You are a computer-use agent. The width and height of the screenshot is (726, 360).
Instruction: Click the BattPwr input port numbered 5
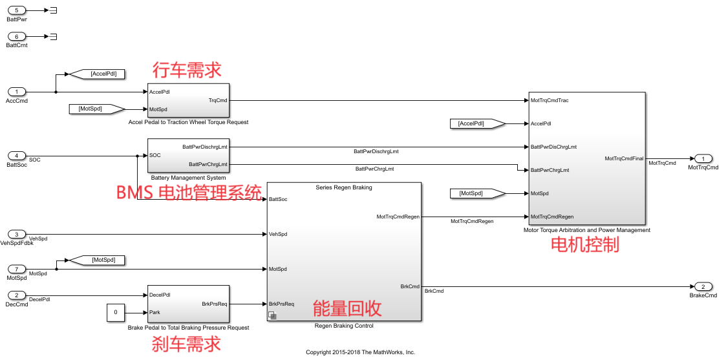17,11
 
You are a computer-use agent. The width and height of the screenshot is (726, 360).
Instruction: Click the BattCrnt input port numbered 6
17,36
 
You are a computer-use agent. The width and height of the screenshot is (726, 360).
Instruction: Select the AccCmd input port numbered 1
17,92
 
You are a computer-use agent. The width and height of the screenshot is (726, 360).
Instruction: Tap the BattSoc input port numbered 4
17,156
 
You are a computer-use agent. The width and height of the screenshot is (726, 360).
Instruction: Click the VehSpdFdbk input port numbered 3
17,234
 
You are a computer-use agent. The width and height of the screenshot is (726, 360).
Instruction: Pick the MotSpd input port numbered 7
17,269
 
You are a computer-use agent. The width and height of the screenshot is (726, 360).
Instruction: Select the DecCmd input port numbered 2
17,295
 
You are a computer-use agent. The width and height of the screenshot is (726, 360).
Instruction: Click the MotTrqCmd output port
703,158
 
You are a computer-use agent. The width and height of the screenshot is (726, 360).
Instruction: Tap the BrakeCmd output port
703,286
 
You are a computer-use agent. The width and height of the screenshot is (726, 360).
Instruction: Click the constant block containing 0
116,312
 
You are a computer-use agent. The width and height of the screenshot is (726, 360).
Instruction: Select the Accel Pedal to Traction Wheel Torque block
188,100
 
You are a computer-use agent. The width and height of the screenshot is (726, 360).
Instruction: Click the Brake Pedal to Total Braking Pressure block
188,303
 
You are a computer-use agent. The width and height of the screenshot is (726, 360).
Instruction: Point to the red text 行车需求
187,70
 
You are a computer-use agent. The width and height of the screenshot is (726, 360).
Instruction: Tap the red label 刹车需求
186,343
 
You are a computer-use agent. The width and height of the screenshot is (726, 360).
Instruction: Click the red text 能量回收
347,308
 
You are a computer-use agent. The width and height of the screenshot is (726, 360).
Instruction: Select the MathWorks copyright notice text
360,352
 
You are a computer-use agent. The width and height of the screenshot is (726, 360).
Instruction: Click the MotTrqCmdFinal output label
624,158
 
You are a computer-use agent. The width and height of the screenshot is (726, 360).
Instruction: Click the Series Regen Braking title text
343,187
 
